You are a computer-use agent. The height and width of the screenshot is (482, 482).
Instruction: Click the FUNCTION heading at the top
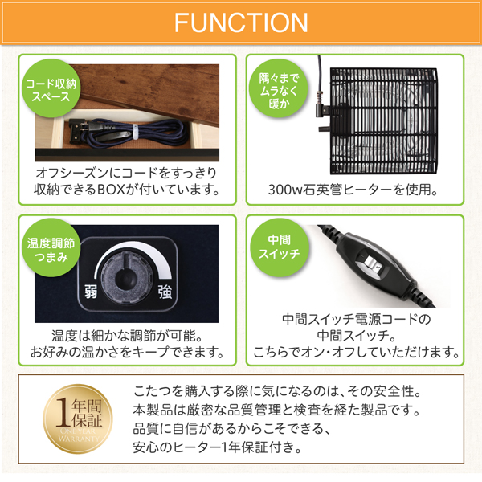(x=241, y=22)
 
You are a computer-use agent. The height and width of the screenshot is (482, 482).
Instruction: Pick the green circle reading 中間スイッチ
(x=278, y=247)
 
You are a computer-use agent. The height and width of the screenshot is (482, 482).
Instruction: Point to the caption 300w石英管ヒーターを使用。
(x=354, y=190)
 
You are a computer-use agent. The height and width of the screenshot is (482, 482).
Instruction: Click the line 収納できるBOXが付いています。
(x=128, y=190)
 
